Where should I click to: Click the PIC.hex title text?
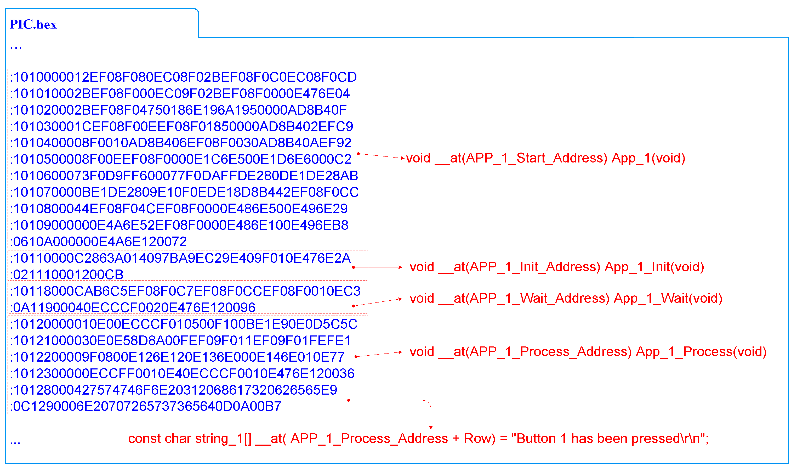click(x=33, y=24)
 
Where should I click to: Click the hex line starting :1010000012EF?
click(x=183, y=77)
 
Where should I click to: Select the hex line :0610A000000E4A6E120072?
click(x=98, y=242)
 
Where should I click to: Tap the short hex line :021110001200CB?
click(x=67, y=275)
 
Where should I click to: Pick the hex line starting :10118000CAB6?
click(x=185, y=291)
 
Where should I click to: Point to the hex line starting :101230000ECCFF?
click(x=182, y=374)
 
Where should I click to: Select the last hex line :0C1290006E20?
click(x=146, y=407)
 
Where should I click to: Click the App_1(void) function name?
click(x=648, y=158)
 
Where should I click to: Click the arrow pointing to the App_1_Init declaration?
click(x=377, y=268)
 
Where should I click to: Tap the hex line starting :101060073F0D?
click(x=184, y=176)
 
